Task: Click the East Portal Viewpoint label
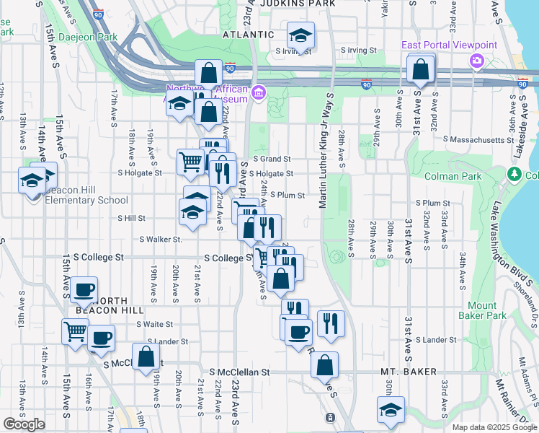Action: pyautogui.click(x=449, y=45)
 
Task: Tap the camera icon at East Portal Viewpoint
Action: pyautogui.click(x=475, y=61)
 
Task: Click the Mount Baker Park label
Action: pyautogui.click(x=482, y=310)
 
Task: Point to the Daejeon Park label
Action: pyautogui.click(x=88, y=36)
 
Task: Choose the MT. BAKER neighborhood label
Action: pyautogui.click(x=408, y=372)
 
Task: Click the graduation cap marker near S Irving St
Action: pyautogui.click(x=300, y=34)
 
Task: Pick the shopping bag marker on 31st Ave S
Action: pyautogui.click(x=421, y=69)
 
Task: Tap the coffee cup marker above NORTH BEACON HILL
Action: pyautogui.click(x=84, y=289)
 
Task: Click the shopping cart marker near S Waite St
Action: pyautogui.click(x=75, y=332)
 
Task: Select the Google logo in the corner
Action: pyautogui.click(x=24, y=424)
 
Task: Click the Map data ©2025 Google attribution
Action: pyautogui.click(x=494, y=427)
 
